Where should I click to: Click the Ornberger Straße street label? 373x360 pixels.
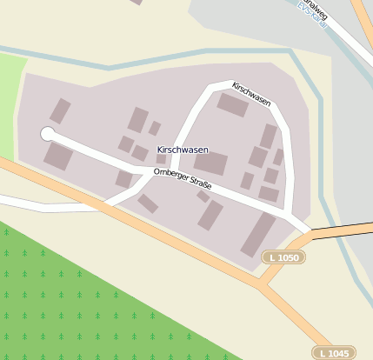182,178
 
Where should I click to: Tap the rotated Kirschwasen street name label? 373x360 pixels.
251,94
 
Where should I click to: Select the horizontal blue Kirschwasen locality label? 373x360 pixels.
182,150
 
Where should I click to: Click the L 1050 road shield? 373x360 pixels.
283,257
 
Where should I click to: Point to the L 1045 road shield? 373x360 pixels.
334,352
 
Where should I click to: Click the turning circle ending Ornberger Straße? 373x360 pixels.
47,134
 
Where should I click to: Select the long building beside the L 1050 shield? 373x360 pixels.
257,234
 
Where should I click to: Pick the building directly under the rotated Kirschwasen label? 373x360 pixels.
232,105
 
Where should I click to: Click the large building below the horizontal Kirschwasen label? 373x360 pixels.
210,163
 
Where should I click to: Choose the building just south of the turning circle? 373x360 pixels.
58,157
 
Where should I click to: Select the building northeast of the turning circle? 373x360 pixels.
60,110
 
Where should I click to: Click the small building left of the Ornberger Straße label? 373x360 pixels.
124,178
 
